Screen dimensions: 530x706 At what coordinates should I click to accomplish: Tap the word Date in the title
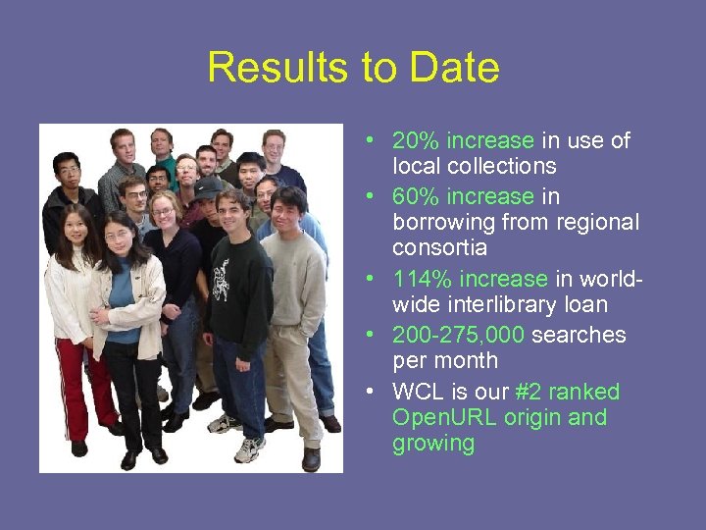[454, 69]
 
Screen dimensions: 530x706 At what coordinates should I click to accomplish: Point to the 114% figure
[418, 279]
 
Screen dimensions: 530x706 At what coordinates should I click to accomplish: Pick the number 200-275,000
[459, 335]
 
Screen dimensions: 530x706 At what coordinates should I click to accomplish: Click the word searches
[580, 335]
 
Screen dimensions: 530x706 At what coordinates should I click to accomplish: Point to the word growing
[433, 444]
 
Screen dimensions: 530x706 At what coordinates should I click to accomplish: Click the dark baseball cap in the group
[208, 185]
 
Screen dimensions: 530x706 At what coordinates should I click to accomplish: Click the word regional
[598, 222]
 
